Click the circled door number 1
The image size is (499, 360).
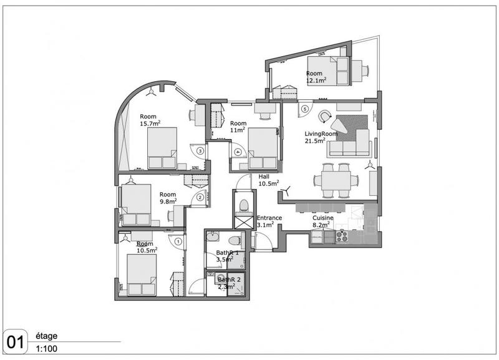click(x=178, y=241)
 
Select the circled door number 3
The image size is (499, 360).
click(x=200, y=150)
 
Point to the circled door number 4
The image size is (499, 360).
click(x=238, y=152)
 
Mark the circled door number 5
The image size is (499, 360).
click(x=304, y=109)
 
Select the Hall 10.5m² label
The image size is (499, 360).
click(x=268, y=180)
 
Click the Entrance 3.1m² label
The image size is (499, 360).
click(x=269, y=221)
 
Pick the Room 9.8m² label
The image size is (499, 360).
click(x=168, y=198)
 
